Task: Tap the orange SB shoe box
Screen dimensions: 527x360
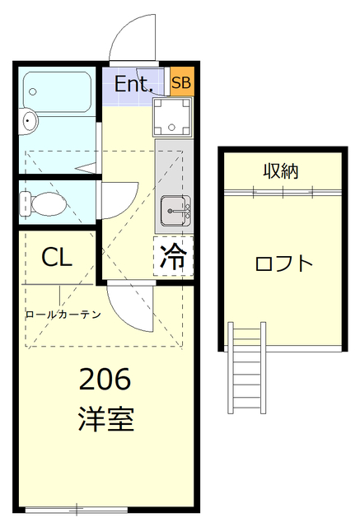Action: (180, 83)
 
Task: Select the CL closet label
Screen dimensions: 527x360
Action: (57, 257)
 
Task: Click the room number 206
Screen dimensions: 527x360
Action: (105, 380)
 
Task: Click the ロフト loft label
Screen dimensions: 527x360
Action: (283, 263)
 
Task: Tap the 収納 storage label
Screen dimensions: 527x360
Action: (280, 171)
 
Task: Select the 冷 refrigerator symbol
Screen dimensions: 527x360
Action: (173, 256)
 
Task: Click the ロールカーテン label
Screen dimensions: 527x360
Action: (63, 314)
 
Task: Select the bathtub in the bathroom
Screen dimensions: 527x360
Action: (57, 93)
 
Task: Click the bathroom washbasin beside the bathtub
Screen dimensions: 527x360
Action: (30, 123)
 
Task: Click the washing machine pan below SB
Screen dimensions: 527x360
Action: (173, 117)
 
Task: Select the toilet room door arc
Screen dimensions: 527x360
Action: (120, 198)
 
